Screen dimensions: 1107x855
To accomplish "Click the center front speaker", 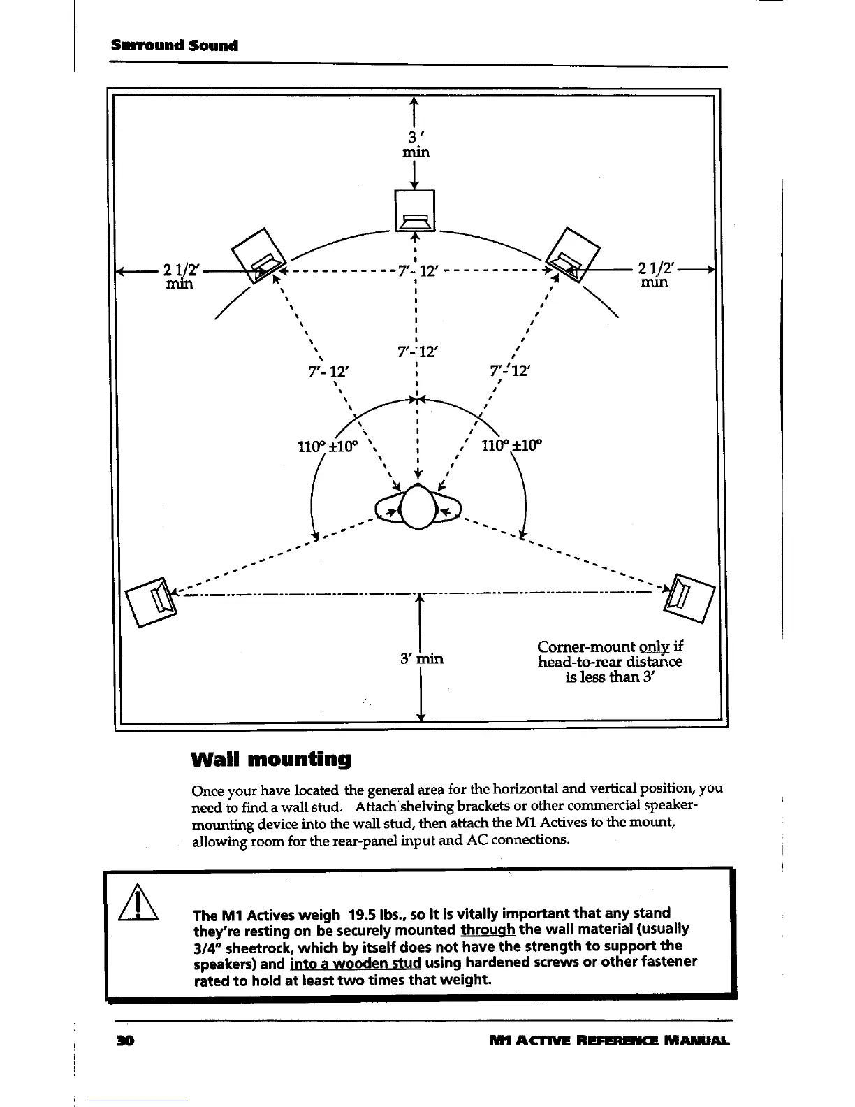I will coord(415,210).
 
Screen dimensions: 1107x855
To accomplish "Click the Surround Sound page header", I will coord(175,46).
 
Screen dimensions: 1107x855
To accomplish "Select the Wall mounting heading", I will coord(271,758).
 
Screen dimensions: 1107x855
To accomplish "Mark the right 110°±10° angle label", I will coord(511,445).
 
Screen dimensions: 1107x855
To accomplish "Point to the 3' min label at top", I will coord(415,143).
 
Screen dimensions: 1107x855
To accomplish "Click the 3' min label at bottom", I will coord(422,658).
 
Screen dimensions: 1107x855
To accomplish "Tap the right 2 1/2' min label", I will coord(655,273).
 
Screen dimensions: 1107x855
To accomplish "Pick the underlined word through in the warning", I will coord(488,929).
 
